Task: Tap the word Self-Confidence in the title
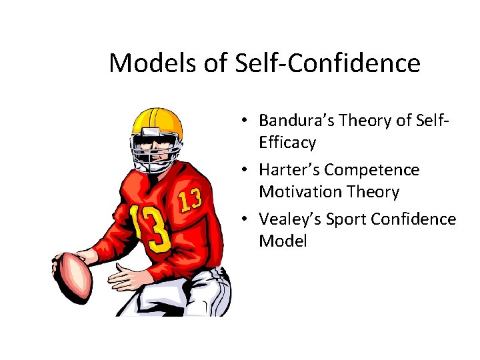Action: (328, 64)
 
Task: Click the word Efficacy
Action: (287, 143)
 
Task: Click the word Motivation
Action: (297, 192)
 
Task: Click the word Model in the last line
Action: (283, 241)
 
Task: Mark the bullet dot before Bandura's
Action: (246, 121)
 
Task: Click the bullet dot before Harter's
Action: (246, 171)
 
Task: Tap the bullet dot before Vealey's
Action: (246, 220)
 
